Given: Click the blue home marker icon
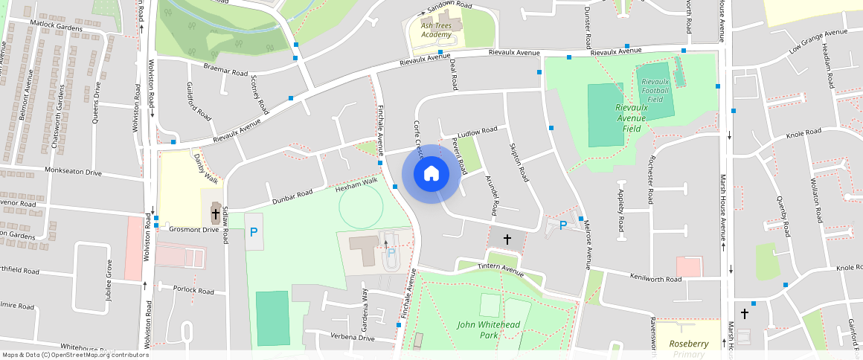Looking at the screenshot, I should [431, 173].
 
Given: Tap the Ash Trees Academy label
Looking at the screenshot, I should [436, 30].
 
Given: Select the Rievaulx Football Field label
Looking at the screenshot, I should [655, 89].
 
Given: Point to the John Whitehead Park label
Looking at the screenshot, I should [488, 330].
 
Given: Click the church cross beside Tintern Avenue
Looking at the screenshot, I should [507, 240].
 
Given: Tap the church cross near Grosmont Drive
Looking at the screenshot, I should [215, 214].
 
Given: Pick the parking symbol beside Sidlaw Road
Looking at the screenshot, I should [254, 232].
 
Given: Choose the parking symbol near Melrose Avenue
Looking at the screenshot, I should [563, 225].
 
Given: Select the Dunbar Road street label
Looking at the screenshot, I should [292, 197].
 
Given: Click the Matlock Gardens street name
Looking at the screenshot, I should [56, 25].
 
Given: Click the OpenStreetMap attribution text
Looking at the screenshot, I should [75, 355].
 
